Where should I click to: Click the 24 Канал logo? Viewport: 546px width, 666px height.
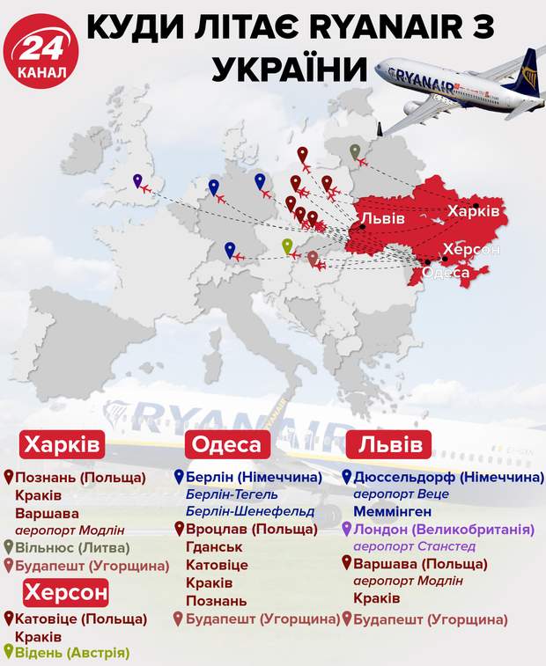(x=44, y=50)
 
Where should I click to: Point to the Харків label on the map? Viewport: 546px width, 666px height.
(x=473, y=212)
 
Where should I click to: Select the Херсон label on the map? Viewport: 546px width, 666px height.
(x=471, y=250)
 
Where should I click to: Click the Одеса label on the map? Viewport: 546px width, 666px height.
(x=446, y=273)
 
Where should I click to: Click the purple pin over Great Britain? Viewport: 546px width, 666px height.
(x=138, y=182)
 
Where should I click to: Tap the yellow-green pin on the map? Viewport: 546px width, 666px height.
(x=286, y=247)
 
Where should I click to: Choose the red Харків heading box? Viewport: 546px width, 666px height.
(x=63, y=443)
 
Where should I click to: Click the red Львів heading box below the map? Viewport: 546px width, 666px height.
(x=393, y=443)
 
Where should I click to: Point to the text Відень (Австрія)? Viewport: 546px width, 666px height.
(x=71, y=653)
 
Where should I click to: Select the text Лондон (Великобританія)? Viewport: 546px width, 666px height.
(x=444, y=530)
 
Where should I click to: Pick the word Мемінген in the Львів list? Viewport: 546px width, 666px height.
(x=393, y=511)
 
